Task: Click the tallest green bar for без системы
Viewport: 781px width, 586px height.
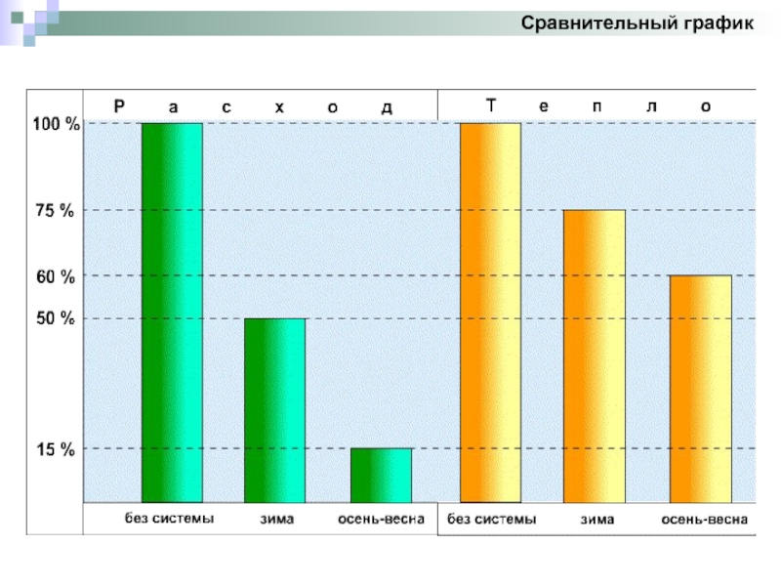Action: point(172,313)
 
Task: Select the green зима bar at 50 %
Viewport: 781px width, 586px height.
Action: point(274,410)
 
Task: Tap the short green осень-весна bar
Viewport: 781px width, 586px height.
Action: point(381,476)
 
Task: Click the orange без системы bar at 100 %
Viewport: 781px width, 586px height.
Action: point(490,313)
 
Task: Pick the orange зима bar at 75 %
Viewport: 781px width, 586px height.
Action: point(594,356)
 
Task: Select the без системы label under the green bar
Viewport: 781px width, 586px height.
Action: point(168,519)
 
